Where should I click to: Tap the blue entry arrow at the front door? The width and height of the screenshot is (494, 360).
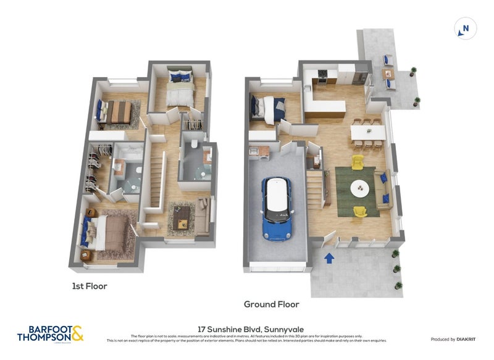pos(329,257)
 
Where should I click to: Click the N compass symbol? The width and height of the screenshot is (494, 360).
pos(466,28)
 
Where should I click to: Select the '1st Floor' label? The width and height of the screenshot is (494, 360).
pos(91,287)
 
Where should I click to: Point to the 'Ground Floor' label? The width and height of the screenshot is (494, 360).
pos(272,304)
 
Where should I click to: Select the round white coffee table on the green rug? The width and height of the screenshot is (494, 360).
pos(359,188)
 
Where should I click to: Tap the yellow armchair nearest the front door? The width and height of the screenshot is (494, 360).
pos(359,212)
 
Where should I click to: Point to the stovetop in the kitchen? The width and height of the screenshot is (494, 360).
pos(321,77)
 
